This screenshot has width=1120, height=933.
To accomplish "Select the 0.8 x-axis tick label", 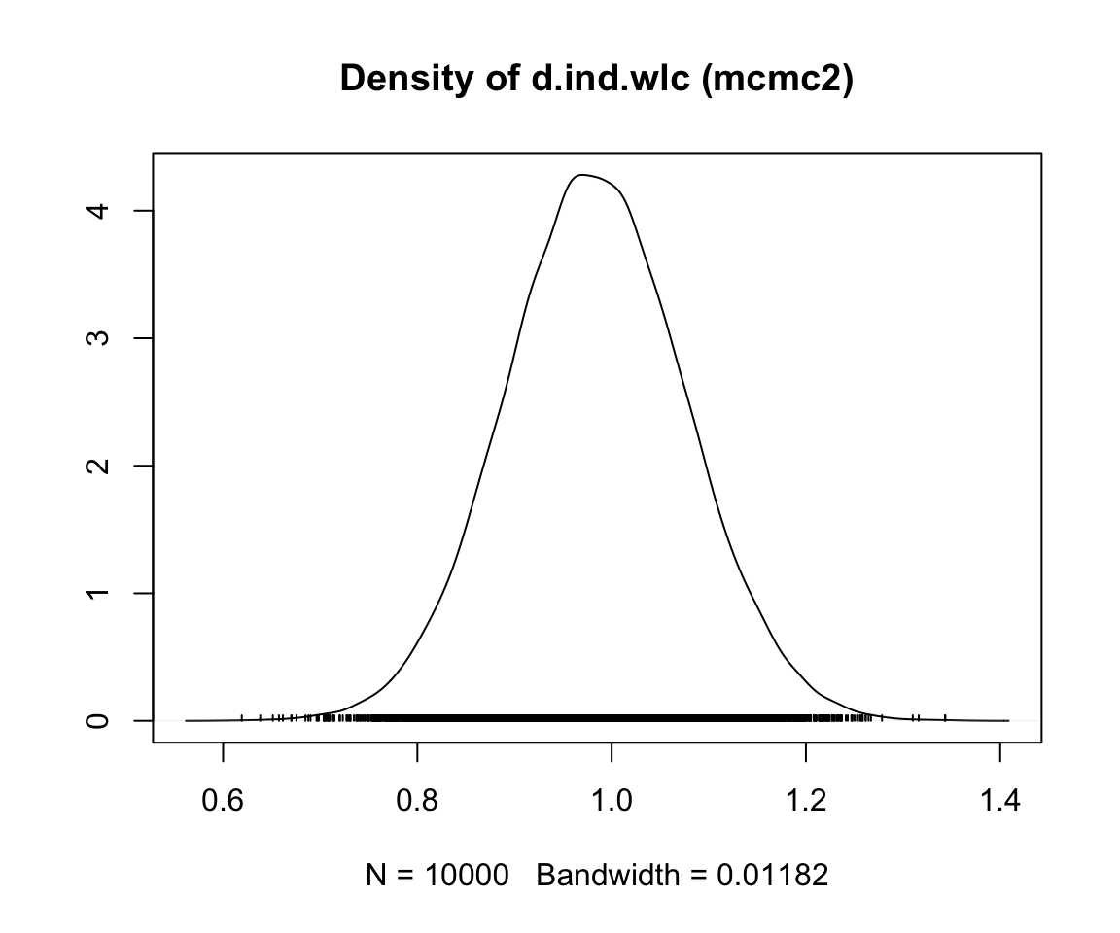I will click(417, 802).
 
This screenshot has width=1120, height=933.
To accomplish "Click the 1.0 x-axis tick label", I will click(612, 802).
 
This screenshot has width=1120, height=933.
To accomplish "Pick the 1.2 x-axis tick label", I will click(806, 802).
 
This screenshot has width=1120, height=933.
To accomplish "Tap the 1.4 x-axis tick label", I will click(1000, 802).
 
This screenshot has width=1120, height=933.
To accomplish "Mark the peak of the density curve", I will click(581, 175).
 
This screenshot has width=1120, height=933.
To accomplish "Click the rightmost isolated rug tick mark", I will click(945, 718).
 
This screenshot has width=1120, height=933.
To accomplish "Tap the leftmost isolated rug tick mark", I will click(241, 718).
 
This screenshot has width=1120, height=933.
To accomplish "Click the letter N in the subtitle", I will click(375, 877).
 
